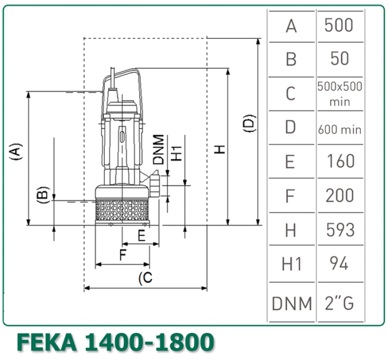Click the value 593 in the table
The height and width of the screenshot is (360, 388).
pos(340,230)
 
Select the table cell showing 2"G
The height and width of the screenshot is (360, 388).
pos(339,303)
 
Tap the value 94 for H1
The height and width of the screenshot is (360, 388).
pos(339,264)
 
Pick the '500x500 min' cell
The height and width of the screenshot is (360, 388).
pos(339,94)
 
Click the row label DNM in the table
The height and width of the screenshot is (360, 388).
pos(291,304)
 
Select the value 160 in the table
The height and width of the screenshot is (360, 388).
pos(339,161)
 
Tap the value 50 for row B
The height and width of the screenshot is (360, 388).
pos(339,59)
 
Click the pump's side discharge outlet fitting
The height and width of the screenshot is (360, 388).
pos(155,185)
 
